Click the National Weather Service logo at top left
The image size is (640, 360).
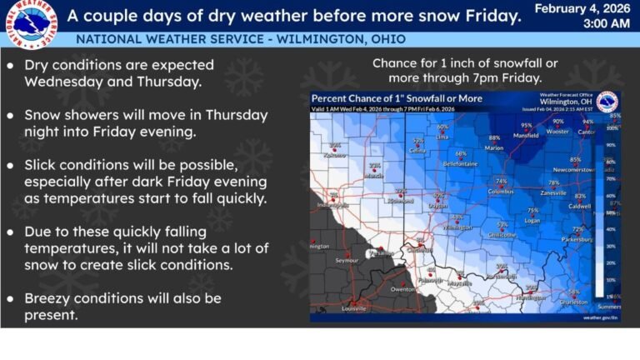pos(30,26)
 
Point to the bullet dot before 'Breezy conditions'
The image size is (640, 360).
pos(10,298)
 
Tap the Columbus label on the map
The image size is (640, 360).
pos(501,192)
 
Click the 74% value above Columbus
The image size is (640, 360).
pos(501,182)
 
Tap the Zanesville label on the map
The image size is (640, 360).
pos(553,192)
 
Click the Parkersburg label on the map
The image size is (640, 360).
pos(577,239)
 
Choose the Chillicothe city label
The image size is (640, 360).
pos(502,235)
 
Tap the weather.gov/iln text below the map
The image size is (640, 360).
pos(601,317)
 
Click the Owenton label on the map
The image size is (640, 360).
pos(404,289)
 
